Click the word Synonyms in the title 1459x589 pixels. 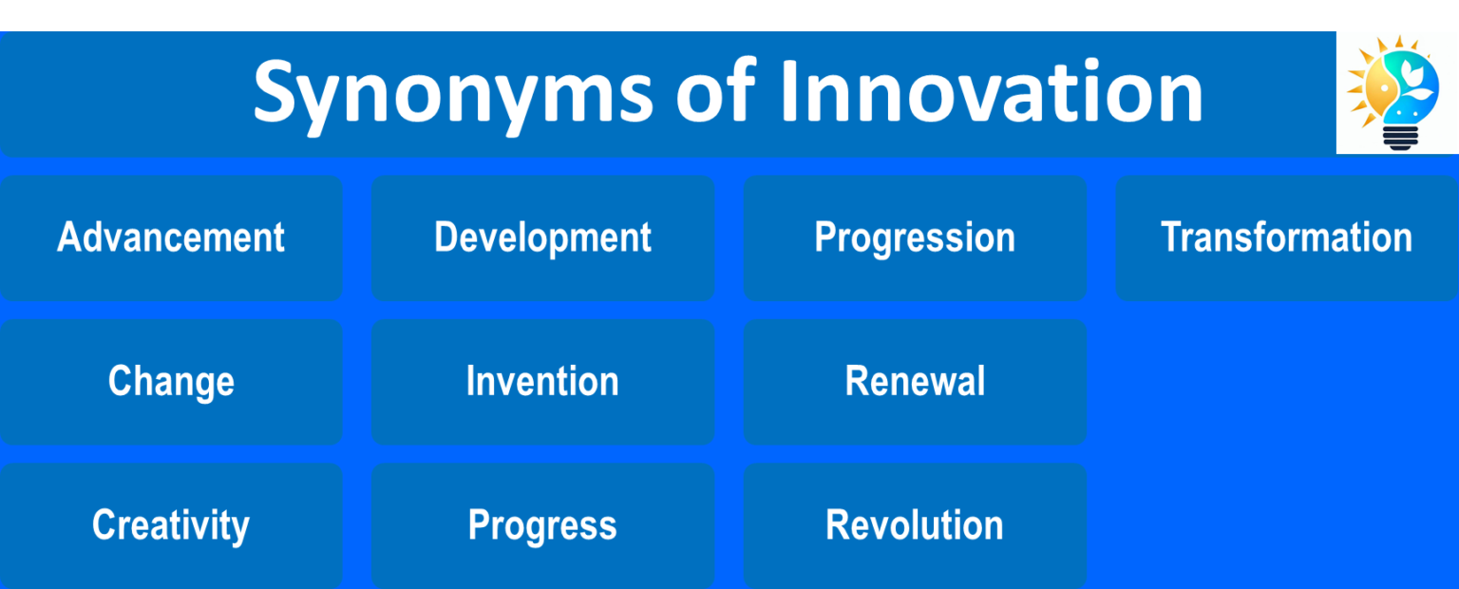452,93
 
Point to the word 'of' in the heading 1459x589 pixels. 715,91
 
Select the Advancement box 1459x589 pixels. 171,237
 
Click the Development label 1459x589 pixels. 542,237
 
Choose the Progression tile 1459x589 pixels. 915,237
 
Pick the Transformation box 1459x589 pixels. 1286,237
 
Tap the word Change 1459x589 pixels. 171,382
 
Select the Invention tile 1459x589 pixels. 542,382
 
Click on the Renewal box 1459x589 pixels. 915,382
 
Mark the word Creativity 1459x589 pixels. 171,525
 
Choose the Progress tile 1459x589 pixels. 542,525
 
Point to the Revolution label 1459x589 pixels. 915,525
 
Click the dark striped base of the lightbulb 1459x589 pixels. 1399,138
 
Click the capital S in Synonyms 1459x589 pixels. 277,91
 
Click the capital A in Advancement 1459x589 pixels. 68,237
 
